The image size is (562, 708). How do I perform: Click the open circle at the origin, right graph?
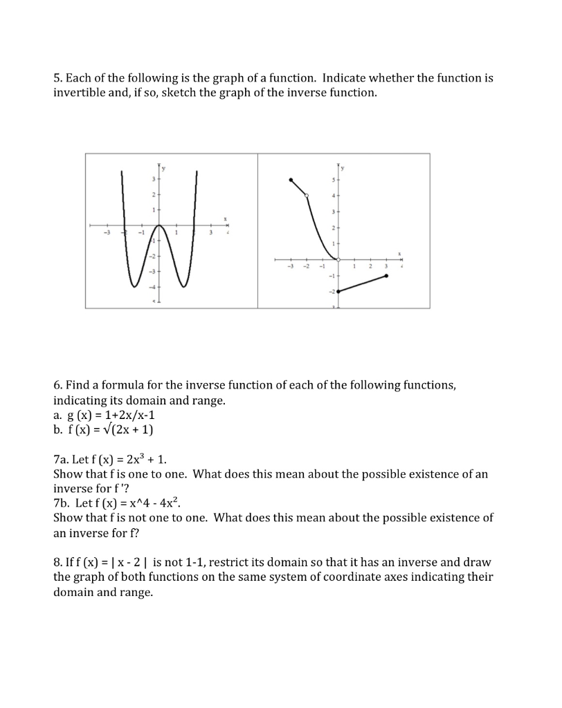(338, 260)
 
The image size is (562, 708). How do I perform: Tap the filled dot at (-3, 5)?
(291, 180)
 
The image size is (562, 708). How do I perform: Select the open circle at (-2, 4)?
(307, 196)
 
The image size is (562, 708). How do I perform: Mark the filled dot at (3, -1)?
(386, 276)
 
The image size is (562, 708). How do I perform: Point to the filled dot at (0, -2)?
(338, 292)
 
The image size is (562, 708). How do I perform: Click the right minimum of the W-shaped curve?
(183, 286)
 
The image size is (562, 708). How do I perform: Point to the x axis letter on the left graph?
(225, 219)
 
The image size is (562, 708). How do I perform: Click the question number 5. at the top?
(59, 78)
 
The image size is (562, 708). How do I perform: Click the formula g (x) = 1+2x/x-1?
(105, 417)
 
